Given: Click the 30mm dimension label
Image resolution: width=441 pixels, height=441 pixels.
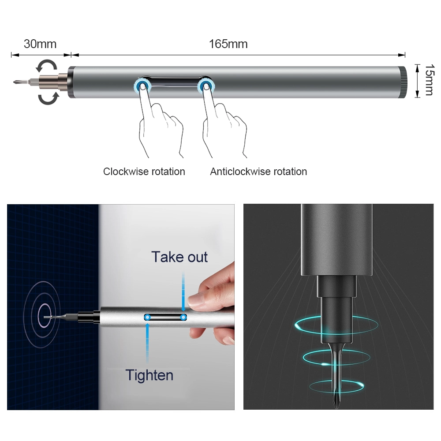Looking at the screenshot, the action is point(40,44).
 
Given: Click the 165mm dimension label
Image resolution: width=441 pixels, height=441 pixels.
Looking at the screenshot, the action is point(228,44).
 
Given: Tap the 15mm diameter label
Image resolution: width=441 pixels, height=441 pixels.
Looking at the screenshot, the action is point(430,80).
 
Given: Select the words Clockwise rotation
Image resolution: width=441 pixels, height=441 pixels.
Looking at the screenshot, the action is point(144,172).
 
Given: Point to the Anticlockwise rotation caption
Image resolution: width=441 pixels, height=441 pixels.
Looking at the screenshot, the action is point(258,172).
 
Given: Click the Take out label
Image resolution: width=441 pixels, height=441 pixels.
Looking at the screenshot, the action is point(179,257).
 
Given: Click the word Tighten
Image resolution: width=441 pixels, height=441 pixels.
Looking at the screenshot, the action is point(149,375).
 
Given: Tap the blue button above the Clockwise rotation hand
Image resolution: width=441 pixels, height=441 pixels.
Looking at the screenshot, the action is point(142,86).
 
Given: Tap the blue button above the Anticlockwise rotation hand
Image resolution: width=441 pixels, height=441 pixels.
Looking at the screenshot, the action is point(206,86).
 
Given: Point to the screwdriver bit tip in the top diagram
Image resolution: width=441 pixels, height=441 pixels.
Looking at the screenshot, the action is point(14,82).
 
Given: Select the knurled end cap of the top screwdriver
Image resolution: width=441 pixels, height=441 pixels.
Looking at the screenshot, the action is point(403,82).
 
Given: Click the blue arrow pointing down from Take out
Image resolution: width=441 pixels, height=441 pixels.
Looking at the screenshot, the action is point(183,292).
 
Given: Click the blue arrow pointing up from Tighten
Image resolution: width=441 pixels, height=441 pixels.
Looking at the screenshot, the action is point(147,343).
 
